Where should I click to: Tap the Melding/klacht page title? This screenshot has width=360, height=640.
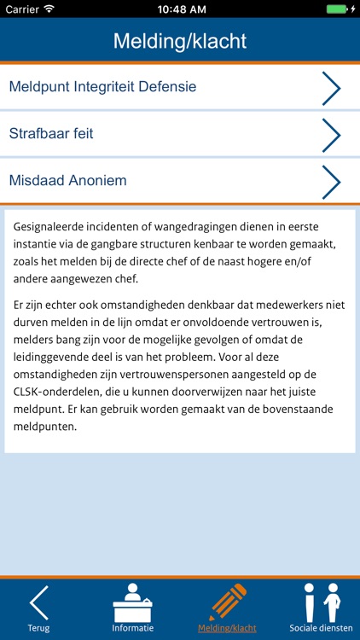click(x=180, y=41)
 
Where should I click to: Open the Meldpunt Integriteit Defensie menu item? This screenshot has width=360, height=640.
click(x=102, y=87)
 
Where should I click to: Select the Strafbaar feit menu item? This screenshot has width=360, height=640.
click(x=51, y=134)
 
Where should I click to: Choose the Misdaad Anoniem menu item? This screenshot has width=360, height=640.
click(x=67, y=181)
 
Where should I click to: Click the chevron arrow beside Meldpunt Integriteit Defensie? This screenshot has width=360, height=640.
click(x=331, y=88)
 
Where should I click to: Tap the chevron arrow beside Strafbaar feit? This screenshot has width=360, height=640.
click(x=331, y=135)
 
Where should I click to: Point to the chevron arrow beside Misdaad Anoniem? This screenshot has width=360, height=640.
click(x=331, y=182)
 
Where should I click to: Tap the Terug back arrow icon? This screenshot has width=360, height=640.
click(x=38, y=602)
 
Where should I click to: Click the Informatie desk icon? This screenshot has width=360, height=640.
click(x=133, y=602)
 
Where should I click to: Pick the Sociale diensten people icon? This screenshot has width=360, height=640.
click(x=321, y=602)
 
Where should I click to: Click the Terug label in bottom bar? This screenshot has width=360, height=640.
click(x=38, y=628)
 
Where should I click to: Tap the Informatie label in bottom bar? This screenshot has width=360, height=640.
click(x=133, y=628)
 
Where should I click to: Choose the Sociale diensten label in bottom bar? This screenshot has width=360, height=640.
click(x=321, y=628)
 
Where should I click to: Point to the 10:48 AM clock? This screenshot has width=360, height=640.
click(x=180, y=9)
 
